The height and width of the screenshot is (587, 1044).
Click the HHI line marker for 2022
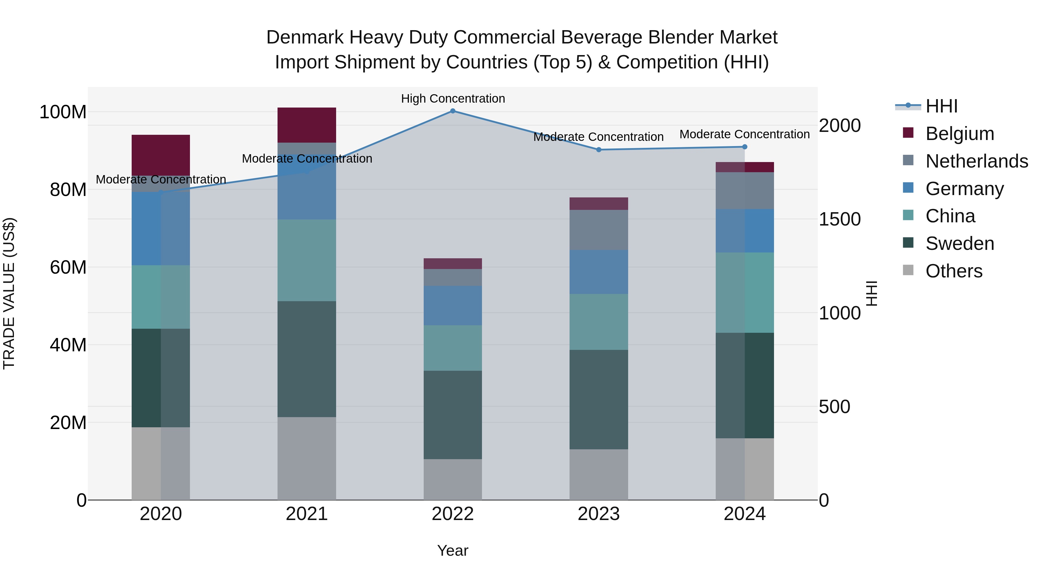tap(453, 111)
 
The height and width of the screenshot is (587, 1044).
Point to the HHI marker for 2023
tap(599, 150)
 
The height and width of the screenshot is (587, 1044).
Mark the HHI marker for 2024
tap(744, 147)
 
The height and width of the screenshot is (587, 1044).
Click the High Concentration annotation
tap(453, 99)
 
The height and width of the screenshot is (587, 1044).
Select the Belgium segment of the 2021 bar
tap(307, 125)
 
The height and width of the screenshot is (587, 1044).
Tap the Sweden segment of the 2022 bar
tap(453, 415)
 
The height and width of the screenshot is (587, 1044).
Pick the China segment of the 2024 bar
tap(744, 292)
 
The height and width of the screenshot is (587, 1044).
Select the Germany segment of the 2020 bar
tap(161, 228)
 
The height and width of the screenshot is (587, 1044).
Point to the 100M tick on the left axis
tap(63, 112)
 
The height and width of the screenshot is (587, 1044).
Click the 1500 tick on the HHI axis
tap(839, 219)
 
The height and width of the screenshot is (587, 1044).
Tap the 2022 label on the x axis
tap(453, 514)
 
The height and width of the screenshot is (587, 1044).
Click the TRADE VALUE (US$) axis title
tap(9, 293)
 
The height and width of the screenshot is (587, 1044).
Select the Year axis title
tap(453, 550)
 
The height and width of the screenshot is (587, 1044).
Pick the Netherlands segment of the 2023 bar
tap(599, 230)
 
